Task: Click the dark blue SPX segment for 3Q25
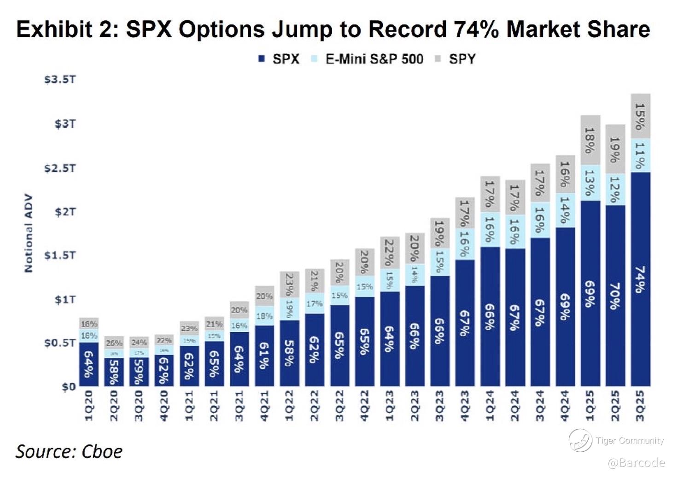coord(640,279)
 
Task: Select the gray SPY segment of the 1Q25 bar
coord(590,140)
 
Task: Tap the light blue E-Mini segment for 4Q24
coord(565,210)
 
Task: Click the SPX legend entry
coord(279,59)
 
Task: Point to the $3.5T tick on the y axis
coord(60,80)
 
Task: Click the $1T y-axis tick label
coord(65,299)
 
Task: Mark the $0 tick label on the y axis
coord(69,387)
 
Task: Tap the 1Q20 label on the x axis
coord(89,406)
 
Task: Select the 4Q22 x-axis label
coord(364,406)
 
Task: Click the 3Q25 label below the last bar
coord(640,406)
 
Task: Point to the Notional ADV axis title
coord(29,233)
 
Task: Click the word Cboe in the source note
coord(102,451)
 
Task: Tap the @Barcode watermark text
coord(637,462)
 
